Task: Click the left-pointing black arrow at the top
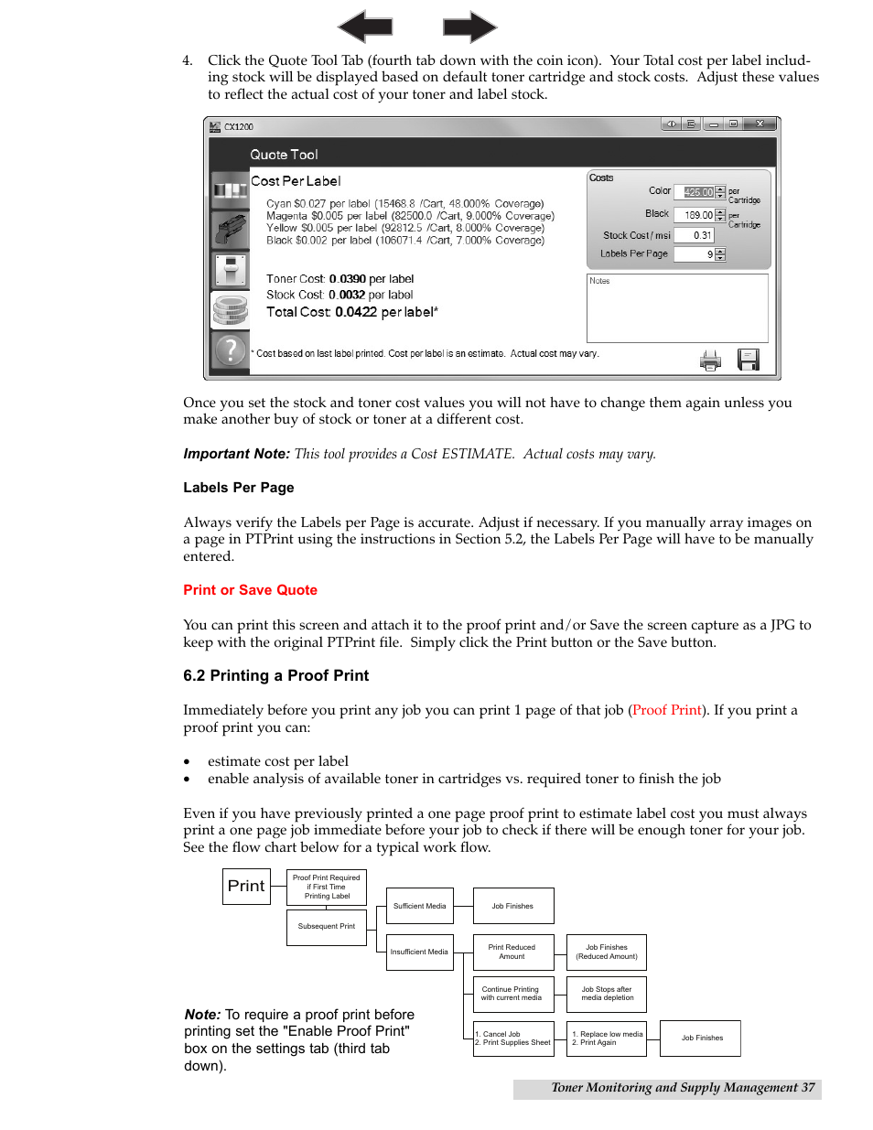point(365,27)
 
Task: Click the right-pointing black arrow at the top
point(469,27)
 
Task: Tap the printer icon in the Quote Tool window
point(710,361)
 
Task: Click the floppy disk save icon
point(749,360)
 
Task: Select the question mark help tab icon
point(231,350)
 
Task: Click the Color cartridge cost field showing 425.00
point(698,192)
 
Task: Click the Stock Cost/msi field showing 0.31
point(694,235)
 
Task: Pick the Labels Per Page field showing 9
point(695,254)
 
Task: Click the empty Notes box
point(677,311)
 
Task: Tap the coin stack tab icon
point(231,310)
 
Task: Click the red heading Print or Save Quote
point(250,590)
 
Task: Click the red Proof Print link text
point(667,710)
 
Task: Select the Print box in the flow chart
point(246,886)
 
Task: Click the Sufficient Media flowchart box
point(420,906)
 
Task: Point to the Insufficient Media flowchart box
point(420,952)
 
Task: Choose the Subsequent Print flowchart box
point(327,927)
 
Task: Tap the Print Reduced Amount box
point(512,952)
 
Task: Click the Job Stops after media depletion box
point(607,994)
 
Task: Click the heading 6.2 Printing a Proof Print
point(275,675)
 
